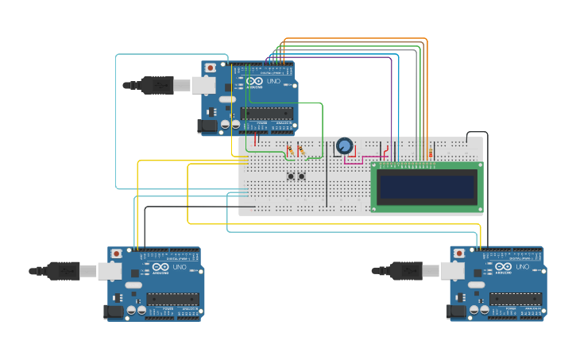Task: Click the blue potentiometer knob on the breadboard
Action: click(344, 145)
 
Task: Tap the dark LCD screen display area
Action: click(427, 187)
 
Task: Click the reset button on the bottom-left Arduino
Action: click(117, 254)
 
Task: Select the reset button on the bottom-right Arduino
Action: click(458, 254)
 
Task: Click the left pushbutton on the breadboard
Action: click(291, 176)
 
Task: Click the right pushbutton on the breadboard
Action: click(302, 176)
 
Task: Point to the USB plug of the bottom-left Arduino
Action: click(64, 271)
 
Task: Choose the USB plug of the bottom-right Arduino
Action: click(406, 271)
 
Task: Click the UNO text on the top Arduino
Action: click(273, 82)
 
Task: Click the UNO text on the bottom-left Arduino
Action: click(179, 268)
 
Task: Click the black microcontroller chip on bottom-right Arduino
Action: click(516, 299)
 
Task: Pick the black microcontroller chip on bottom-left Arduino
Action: click(173, 299)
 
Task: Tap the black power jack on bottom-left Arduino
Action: click(115, 312)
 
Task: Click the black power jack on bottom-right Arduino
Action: click(458, 312)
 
